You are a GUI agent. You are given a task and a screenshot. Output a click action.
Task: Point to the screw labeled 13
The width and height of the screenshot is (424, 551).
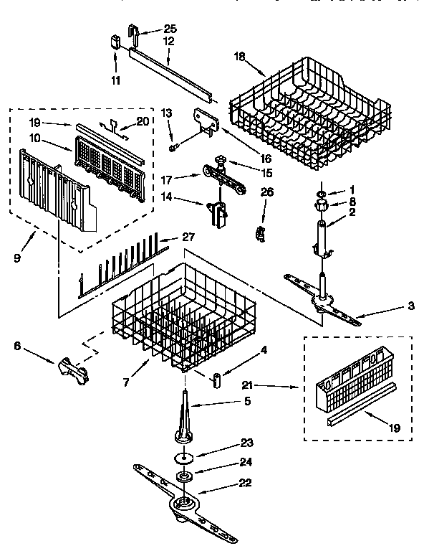point(173,147)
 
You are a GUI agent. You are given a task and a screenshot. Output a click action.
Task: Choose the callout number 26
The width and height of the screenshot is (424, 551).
point(266,192)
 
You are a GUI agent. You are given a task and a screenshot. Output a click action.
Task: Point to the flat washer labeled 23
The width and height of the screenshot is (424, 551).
point(183,458)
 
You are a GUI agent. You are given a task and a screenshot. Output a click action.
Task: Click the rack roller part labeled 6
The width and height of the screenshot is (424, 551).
point(71,369)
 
